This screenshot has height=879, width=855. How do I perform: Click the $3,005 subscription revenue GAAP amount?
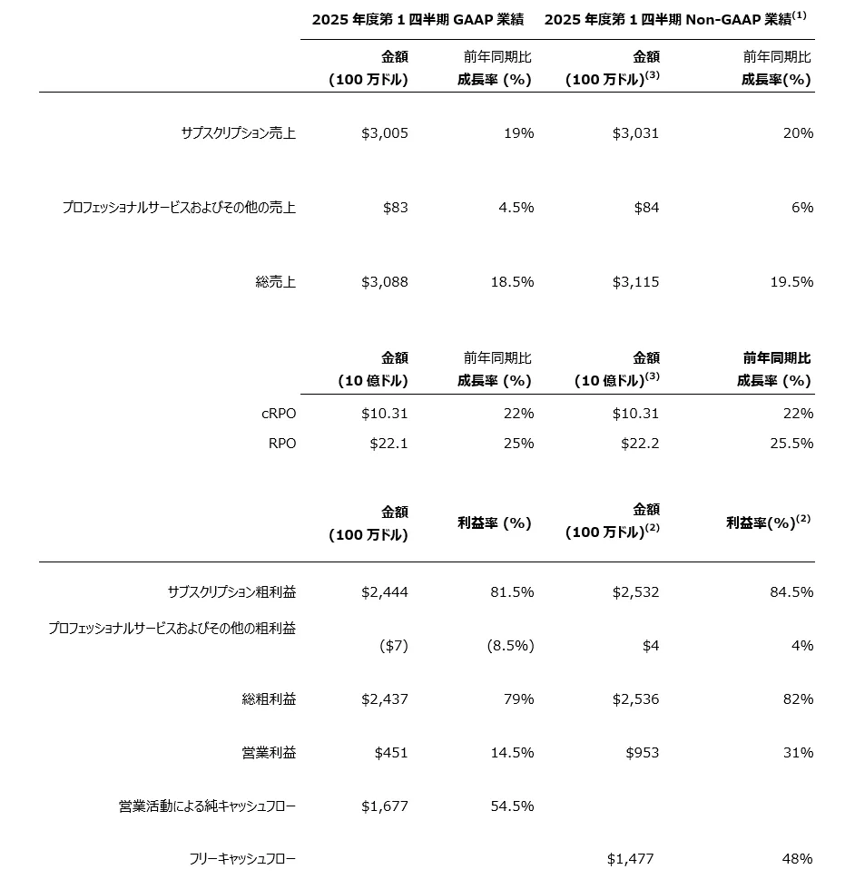tap(385, 133)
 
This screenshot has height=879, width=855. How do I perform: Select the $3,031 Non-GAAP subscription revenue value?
tap(635, 133)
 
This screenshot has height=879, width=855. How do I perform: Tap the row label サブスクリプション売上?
tap(238, 133)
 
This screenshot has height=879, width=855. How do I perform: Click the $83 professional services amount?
tap(395, 208)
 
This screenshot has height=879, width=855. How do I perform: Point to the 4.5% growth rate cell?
tap(515, 208)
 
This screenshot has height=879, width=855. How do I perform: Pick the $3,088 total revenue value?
tap(385, 282)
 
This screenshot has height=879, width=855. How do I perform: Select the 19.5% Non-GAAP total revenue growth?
tap(791, 282)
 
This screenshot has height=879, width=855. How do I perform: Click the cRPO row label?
tap(278, 414)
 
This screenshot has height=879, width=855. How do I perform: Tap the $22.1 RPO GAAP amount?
tap(388, 444)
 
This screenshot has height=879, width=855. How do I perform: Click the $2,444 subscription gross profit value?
tap(385, 592)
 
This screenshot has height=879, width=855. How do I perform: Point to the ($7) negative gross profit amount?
tap(393, 646)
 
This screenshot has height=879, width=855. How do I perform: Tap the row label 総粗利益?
tap(269, 699)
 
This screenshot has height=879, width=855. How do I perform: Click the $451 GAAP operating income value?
tap(391, 753)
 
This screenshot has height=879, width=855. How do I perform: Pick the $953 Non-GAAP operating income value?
tap(642, 753)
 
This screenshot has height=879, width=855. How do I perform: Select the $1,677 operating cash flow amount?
tap(385, 806)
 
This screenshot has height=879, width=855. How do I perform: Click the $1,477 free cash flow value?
tap(630, 859)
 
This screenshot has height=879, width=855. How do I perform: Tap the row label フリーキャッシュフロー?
tap(242, 859)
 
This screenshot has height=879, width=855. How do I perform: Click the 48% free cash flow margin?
tap(797, 859)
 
